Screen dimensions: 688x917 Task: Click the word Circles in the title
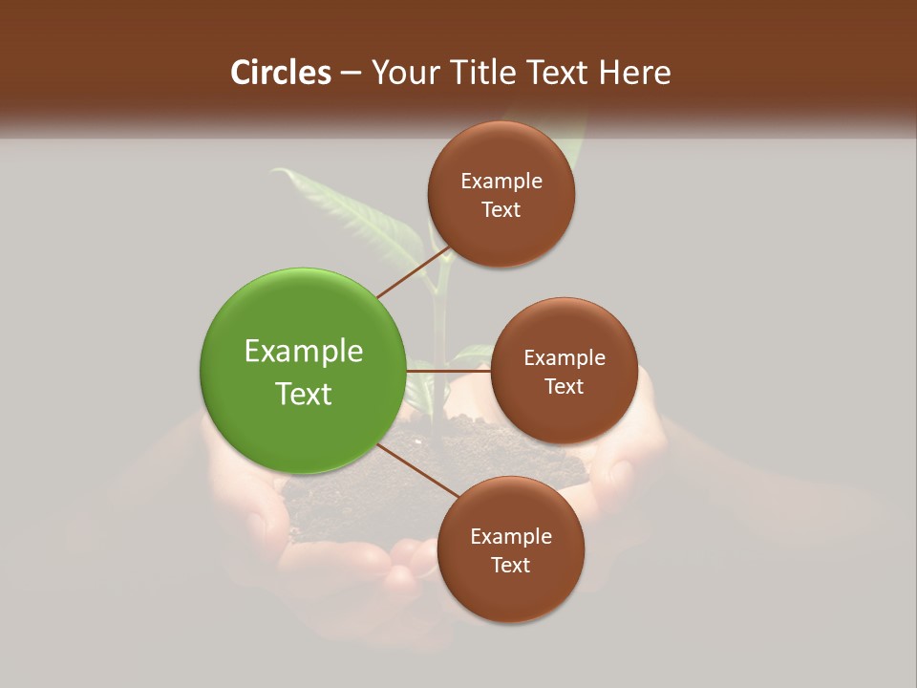(281, 73)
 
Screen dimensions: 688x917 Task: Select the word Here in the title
(636, 73)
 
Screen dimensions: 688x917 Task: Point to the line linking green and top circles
(415, 271)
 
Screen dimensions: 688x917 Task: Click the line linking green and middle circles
(448, 370)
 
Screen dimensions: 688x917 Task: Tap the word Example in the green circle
(304, 352)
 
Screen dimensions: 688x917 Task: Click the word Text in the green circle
(304, 394)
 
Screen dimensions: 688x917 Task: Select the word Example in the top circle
(501, 182)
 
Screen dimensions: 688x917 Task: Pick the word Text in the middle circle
(564, 386)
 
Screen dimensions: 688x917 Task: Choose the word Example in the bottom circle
(511, 537)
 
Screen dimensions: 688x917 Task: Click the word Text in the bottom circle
(510, 565)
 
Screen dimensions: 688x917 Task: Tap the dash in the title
(351, 74)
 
